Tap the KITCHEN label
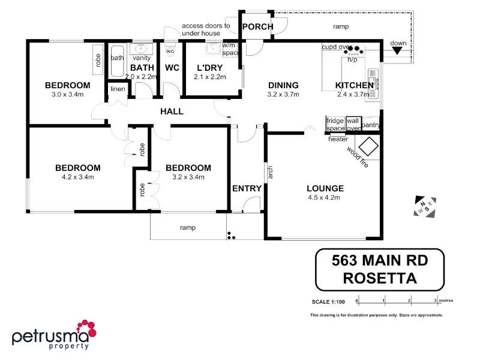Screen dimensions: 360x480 [x=354, y=85]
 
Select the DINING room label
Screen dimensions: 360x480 [x=283, y=85]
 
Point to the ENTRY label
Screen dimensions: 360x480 [x=247, y=188]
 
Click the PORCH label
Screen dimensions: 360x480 [x=258, y=27]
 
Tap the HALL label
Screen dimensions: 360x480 [x=172, y=111]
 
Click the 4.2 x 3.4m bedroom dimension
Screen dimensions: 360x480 [x=78, y=177]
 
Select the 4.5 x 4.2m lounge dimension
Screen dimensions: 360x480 [x=324, y=197]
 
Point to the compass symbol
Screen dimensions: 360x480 [x=425, y=206]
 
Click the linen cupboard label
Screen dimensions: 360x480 [x=117, y=89]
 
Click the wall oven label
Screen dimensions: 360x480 [x=353, y=124]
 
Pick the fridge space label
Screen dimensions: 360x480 [x=335, y=124]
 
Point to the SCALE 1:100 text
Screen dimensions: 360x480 [x=329, y=301]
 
